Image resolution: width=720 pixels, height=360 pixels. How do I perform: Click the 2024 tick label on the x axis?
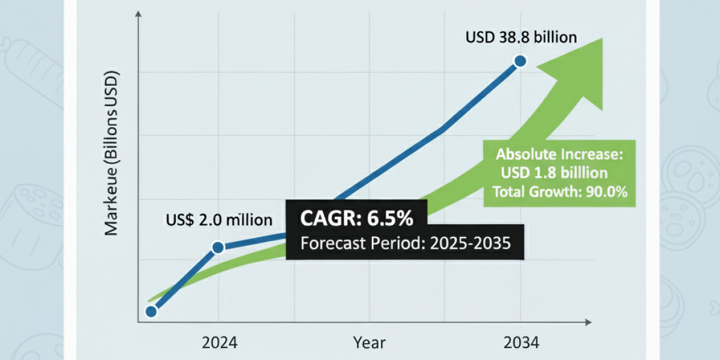tap(219, 343)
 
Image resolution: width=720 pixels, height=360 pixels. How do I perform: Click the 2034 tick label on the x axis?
tap(521, 343)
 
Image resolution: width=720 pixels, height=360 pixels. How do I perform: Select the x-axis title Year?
tap(369, 343)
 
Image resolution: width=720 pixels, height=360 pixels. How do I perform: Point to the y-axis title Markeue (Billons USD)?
tap(112, 153)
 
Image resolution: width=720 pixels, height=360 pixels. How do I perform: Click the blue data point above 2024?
tap(218, 247)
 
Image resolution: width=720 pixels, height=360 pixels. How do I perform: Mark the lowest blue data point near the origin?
tap(151, 311)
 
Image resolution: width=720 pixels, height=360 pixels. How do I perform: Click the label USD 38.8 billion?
tap(521, 37)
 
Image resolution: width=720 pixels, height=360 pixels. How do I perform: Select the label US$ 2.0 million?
tap(218, 220)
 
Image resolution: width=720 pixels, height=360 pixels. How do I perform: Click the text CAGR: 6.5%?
tap(357, 219)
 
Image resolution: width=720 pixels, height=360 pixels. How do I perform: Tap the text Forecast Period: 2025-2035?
tap(405, 244)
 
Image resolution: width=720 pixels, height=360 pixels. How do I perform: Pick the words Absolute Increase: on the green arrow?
tap(560, 154)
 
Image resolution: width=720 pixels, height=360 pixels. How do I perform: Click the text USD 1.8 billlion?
tap(554, 173)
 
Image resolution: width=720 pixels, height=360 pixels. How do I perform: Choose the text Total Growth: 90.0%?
tap(559, 193)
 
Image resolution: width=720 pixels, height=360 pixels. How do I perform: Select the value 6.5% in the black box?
tap(390, 219)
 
